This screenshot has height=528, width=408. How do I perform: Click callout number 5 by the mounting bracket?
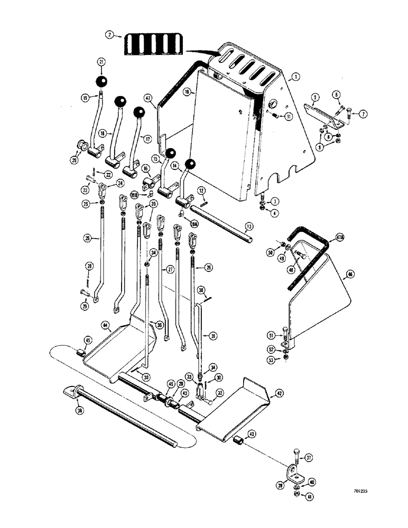pos(314,98)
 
